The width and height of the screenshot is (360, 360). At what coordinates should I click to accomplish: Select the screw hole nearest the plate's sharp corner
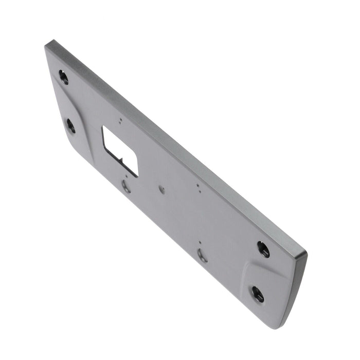click(x=63, y=77)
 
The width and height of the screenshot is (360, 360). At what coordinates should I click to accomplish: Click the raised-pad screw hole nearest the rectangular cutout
click(x=70, y=125)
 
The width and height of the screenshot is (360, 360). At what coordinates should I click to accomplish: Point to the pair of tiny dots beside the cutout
click(x=120, y=121)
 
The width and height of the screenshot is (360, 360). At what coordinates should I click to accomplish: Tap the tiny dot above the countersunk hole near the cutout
click(x=127, y=175)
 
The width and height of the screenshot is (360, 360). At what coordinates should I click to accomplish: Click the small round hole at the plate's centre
click(x=161, y=190)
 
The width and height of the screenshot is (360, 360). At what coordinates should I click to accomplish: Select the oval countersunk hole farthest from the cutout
click(x=203, y=254)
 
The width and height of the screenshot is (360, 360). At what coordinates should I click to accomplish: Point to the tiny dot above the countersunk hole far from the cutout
click(x=200, y=242)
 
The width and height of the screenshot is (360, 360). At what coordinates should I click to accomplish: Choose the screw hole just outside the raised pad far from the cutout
click(x=263, y=249)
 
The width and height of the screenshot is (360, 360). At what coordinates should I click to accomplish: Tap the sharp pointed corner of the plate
click(x=47, y=44)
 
